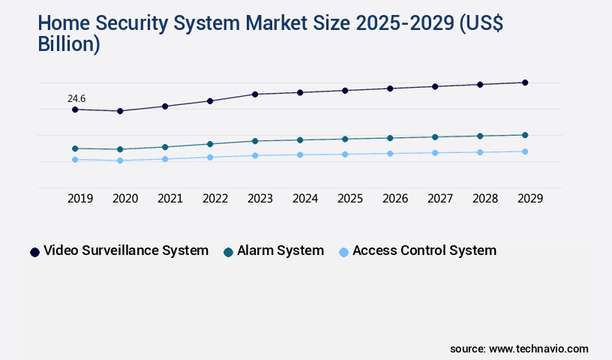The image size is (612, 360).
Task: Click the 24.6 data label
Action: tap(76, 98)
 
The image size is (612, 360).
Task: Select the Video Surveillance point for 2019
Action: tap(75, 109)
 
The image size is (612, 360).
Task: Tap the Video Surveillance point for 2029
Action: tap(525, 82)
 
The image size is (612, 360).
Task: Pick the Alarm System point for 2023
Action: tap(255, 141)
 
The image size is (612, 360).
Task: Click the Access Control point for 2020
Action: tap(120, 160)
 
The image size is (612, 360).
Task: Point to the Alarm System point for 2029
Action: tap(525, 135)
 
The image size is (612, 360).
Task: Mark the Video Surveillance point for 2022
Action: tap(210, 100)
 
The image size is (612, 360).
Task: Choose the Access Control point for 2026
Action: tap(390, 154)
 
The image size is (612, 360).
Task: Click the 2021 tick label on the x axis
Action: tap(170, 199)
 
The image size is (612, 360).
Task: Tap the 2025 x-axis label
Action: tap(350, 199)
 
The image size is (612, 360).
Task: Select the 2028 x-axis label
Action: tap(485, 199)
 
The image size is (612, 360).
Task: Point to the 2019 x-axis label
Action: tap(80, 199)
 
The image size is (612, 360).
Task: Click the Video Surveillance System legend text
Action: tap(126, 250)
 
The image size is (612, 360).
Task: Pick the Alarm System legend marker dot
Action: tap(229, 252)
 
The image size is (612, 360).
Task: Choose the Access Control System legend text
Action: tap(424, 250)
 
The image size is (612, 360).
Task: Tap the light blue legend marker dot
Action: tap(344, 252)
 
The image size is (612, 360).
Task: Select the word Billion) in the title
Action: tap(69, 43)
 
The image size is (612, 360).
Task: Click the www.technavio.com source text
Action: tap(538, 349)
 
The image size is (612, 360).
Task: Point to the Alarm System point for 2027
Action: tap(435, 137)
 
